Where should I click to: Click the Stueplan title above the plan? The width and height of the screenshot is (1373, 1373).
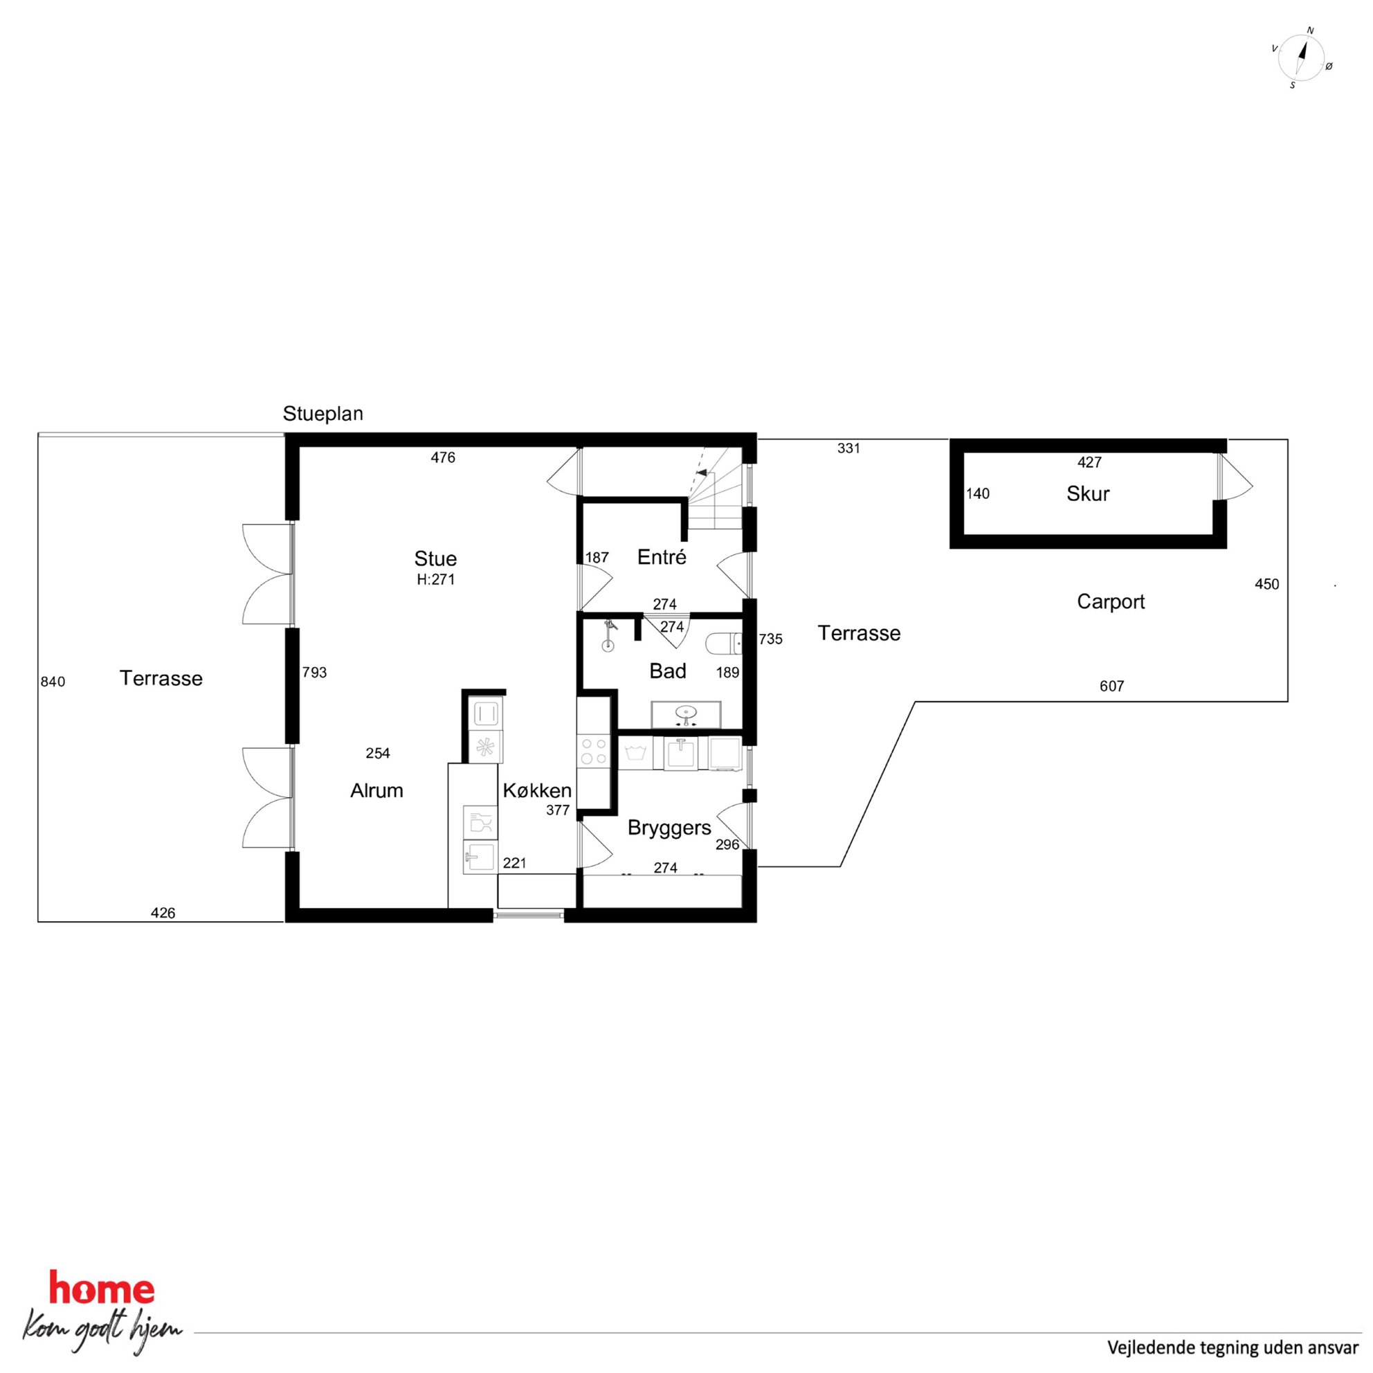pyautogui.click(x=322, y=414)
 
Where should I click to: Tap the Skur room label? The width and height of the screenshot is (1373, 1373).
pyautogui.click(x=1087, y=494)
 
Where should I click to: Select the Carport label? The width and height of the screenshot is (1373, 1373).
pyautogui.click(x=1111, y=602)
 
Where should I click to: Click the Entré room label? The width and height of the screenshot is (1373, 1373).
pyautogui.click(x=662, y=557)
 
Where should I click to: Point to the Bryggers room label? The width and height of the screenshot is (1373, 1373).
pyautogui.click(x=669, y=828)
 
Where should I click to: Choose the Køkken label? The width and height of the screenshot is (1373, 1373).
pyautogui.click(x=537, y=790)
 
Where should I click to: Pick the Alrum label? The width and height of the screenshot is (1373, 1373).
pyautogui.click(x=376, y=790)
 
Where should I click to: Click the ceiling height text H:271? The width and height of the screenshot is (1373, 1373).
pyautogui.click(x=435, y=579)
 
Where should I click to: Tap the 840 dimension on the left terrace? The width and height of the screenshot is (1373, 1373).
pyautogui.click(x=53, y=682)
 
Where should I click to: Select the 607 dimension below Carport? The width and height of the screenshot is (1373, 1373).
pyautogui.click(x=1111, y=686)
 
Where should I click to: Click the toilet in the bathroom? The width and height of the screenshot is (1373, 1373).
pyautogui.click(x=724, y=644)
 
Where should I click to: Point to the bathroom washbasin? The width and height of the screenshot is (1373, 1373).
pyautogui.click(x=686, y=714)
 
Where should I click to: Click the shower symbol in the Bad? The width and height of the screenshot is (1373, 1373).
pyautogui.click(x=608, y=635)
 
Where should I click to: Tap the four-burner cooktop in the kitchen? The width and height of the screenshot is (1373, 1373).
pyautogui.click(x=593, y=750)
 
